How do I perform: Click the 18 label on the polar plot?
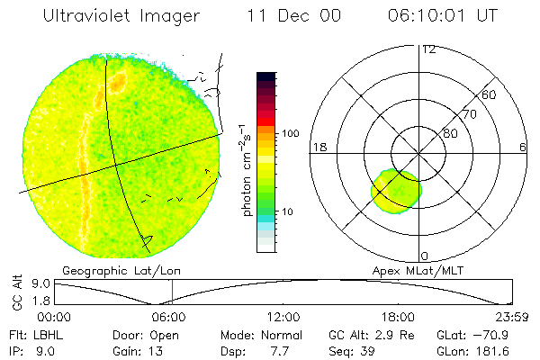coord(319,147)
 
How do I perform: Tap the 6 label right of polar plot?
coord(523,147)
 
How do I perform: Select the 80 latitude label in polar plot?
coord(450,133)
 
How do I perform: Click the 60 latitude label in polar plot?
coord(490,94)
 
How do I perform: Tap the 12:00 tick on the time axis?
coord(284,317)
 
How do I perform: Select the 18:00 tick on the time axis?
coord(398,317)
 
